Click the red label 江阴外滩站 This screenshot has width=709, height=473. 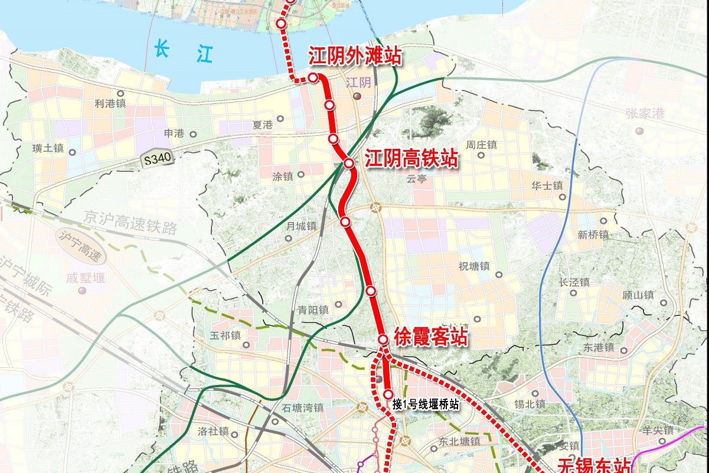click(355, 57)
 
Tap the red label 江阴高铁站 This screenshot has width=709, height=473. click(411, 159)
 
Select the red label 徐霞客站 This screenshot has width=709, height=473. click(430, 337)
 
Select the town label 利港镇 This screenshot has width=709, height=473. click(110, 103)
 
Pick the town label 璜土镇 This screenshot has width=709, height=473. click(48, 149)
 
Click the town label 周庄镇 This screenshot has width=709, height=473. click(481, 145)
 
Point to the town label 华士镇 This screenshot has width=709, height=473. click(547, 185)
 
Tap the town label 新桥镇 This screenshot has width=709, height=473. click(593, 234)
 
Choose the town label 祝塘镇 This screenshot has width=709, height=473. click(474, 266)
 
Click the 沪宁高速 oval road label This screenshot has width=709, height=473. click(81, 246)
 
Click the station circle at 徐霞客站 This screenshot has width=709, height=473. click(383, 340)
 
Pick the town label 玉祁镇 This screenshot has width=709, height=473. click(226, 335)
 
